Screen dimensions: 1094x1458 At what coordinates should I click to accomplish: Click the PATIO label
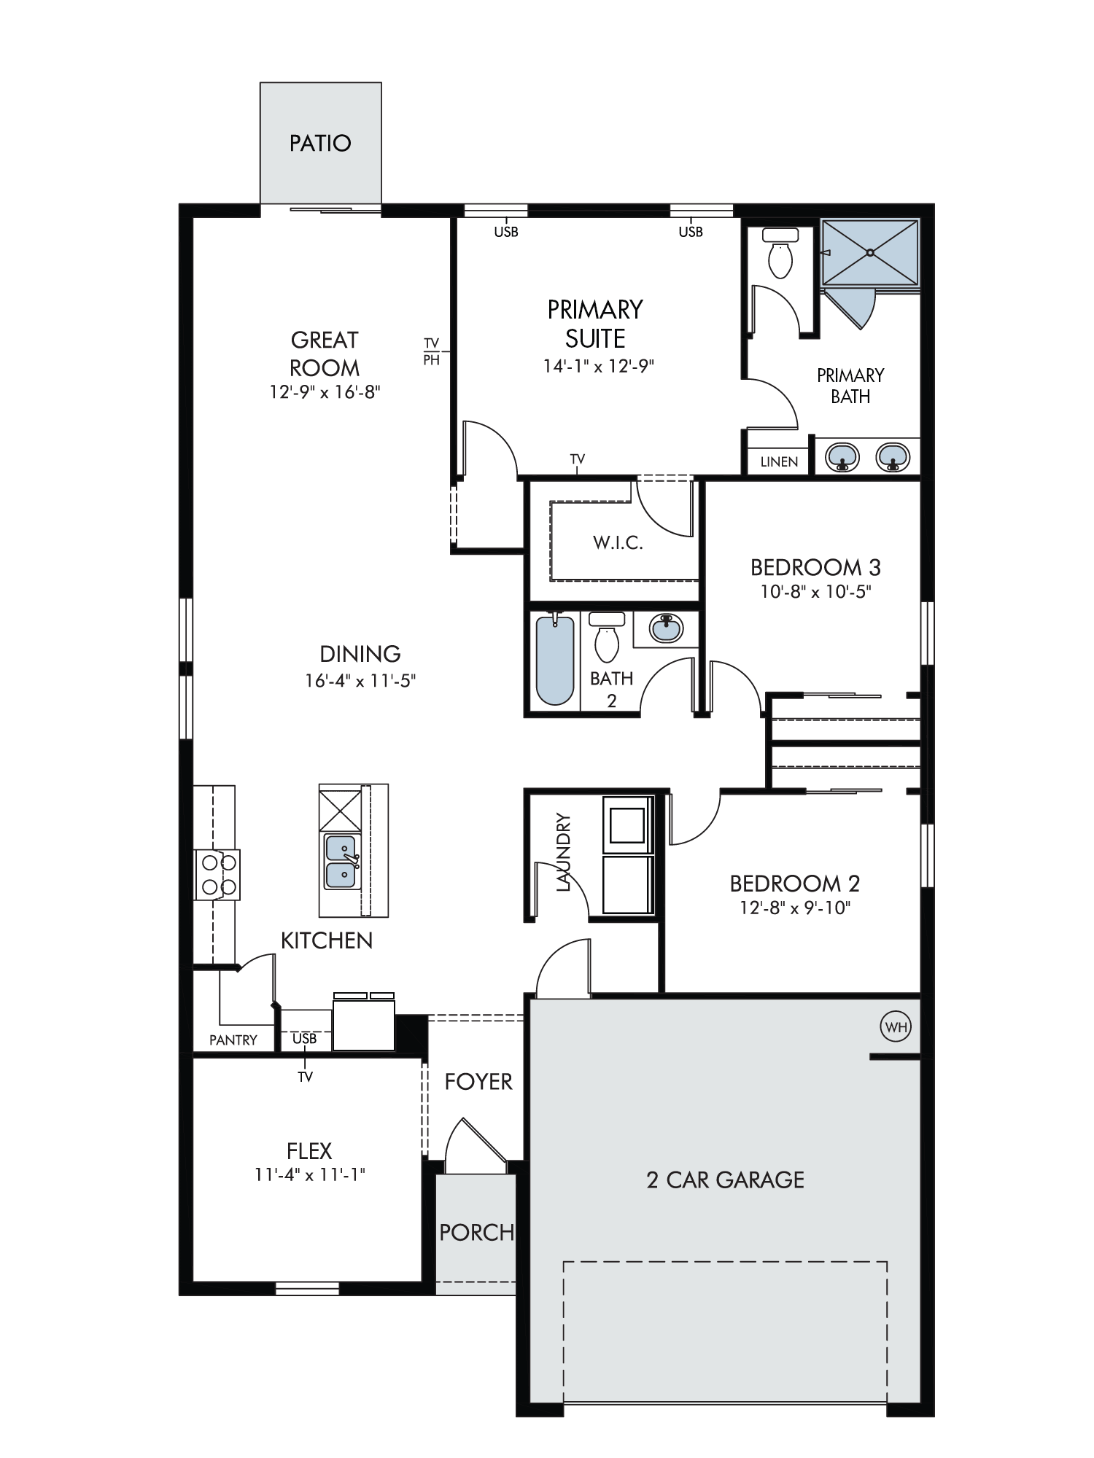(x=320, y=143)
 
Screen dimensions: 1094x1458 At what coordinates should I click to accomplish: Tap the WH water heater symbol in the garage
(x=896, y=1027)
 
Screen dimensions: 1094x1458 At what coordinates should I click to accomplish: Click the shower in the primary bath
(x=870, y=252)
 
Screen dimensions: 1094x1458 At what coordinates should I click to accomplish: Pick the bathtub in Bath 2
(x=555, y=660)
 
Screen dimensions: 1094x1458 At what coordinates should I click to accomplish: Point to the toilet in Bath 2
(x=607, y=636)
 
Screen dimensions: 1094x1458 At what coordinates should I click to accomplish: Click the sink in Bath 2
(x=666, y=628)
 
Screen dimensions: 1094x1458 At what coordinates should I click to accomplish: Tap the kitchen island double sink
(x=341, y=862)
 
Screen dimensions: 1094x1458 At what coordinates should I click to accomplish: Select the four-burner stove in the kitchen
(x=217, y=875)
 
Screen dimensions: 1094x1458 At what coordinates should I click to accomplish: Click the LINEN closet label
(x=779, y=461)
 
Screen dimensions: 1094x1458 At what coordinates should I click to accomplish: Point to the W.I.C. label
(x=618, y=542)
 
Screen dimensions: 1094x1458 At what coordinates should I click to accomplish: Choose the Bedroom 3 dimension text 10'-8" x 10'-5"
(x=816, y=591)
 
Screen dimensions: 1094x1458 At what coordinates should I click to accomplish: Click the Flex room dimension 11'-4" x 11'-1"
(x=310, y=1174)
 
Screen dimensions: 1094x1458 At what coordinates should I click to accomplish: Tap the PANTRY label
(x=233, y=1040)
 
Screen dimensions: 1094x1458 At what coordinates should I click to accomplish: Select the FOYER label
(x=478, y=1082)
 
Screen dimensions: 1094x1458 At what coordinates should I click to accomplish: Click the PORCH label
(x=477, y=1233)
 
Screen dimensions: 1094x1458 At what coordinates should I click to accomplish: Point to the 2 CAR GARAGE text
(x=726, y=1180)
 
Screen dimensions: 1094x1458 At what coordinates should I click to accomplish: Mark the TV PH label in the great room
(x=432, y=351)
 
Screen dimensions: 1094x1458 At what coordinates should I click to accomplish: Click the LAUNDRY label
(x=563, y=852)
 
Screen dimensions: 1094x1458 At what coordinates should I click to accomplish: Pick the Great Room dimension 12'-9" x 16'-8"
(x=325, y=392)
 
